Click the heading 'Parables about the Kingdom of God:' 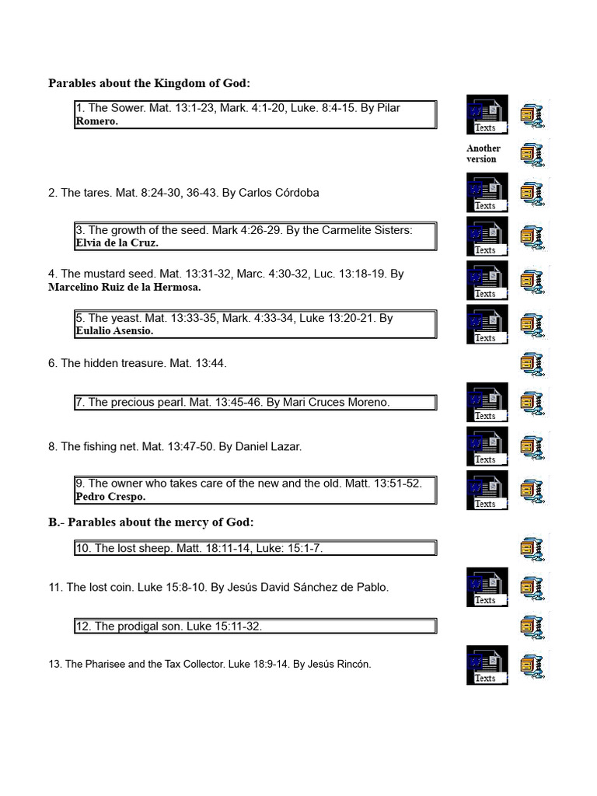[x=149, y=83]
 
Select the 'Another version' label [x=483, y=153]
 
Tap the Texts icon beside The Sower [x=487, y=114]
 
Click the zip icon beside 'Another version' [x=532, y=154]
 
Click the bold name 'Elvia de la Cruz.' [x=117, y=243]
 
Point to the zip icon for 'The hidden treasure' [x=532, y=363]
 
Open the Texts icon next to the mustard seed [x=487, y=280]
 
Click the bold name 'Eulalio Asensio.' [x=114, y=330]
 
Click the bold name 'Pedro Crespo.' [x=110, y=496]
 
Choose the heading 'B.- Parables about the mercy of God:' [x=151, y=522]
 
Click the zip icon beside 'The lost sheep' [x=532, y=548]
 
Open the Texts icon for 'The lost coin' [x=487, y=587]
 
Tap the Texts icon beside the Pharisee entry [x=487, y=665]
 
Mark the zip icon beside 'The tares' [x=532, y=193]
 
